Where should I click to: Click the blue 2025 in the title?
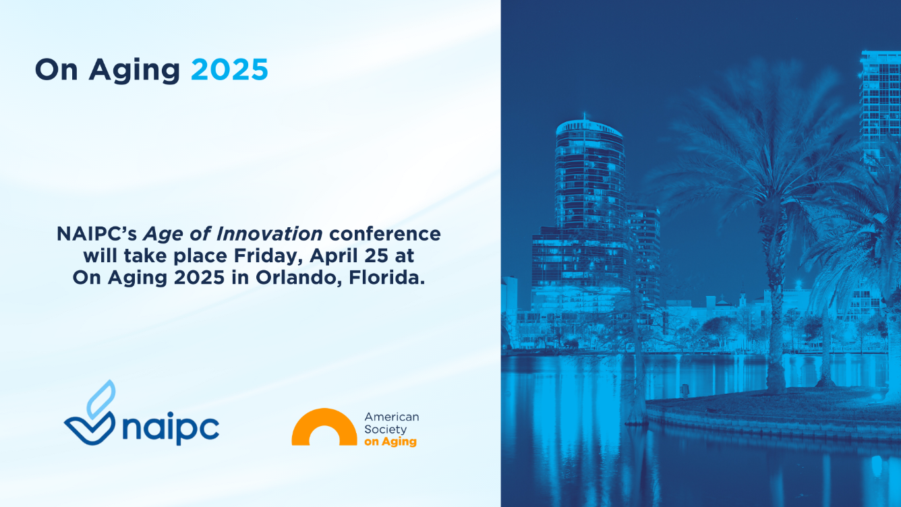229,69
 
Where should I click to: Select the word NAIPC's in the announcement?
97,233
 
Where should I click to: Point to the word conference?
385,234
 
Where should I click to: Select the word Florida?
387,278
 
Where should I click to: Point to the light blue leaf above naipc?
101,398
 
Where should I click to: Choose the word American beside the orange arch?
391,417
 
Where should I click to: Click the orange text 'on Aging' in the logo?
390,442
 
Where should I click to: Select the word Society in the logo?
385,429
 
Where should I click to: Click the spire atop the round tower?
585,117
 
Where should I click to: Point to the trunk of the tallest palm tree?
774,301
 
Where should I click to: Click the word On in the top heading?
57,69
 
